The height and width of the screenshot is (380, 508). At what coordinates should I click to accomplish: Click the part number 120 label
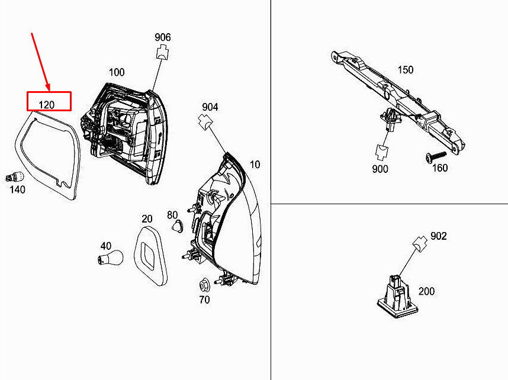pyautogui.click(x=47, y=105)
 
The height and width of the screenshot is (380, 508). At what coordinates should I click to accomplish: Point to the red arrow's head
pyautogui.click(x=49, y=88)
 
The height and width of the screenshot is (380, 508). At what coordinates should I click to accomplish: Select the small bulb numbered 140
pyautogui.click(x=15, y=177)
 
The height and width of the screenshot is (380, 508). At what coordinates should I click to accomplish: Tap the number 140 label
pyautogui.click(x=18, y=189)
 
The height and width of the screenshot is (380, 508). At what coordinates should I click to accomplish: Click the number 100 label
pyautogui.click(x=117, y=72)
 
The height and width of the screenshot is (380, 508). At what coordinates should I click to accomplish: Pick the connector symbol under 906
pyautogui.click(x=163, y=53)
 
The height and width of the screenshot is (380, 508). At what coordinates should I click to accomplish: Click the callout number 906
pyautogui.click(x=163, y=37)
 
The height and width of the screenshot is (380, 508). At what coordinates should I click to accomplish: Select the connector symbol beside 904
pyautogui.click(x=205, y=122)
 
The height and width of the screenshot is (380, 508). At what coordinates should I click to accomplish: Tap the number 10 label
pyautogui.click(x=255, y=165)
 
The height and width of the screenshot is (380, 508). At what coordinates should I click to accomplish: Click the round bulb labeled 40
pyautogui.click(x=111, y=258)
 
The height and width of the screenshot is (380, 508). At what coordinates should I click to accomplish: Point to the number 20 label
pyautogui.click(x=147, y=219)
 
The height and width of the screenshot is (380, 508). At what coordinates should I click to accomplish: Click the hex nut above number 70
pyautogui.click(x=204, y=285)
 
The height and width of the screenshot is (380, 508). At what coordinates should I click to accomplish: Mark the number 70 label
pyautogui.click(x=204, y=300)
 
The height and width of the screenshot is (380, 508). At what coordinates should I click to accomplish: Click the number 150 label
pyautogui.click(x=406, y=70)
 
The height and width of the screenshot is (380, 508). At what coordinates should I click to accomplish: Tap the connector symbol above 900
pyautogui.click(x=382, y=153)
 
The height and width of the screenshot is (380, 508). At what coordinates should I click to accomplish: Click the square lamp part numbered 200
pyautogui.click(x=397, y=297)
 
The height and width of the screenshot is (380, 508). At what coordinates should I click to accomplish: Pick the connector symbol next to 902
pyautogui.click(x=420, y=244)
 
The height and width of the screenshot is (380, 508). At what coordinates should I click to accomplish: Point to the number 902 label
pyautogui.click(x=439, y=236)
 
